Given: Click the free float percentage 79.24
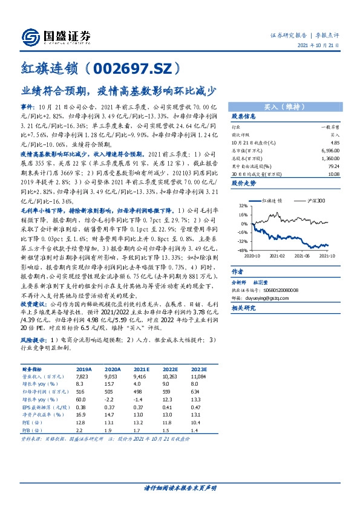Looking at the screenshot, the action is [x=333, y=165].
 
